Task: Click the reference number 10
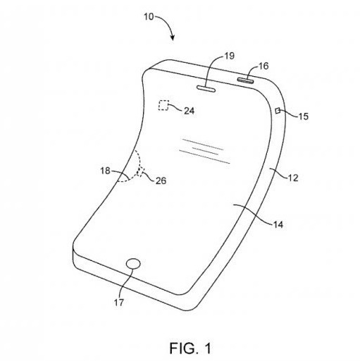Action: click(149, 17)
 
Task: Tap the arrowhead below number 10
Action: click(173, 37)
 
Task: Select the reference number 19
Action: click(230, 56)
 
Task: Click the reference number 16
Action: click(263, 66)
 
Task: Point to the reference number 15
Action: click(304, 116)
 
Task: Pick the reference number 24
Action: click(190, 111)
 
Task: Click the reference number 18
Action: click(105, 171)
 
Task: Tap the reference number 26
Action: click(161, 181)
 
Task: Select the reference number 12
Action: click(293, 178)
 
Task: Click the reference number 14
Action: click(278, 224)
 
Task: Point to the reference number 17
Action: click(119, 303)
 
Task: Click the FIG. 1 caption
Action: click(190, 348)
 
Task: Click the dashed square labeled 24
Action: click(163, 105)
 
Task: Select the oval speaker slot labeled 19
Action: click(206, 88)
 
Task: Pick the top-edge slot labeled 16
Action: click(246, 80)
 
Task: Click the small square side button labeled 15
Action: click(278, 111)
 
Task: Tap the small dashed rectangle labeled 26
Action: click(140, 172)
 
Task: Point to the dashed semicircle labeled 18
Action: click(139, 164)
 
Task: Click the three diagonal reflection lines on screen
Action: click(204, 151)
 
